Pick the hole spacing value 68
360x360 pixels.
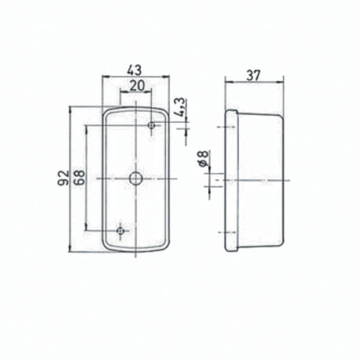78,178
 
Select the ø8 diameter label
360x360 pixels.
203,160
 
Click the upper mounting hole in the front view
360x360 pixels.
152,125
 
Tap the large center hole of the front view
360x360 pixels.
136,179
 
